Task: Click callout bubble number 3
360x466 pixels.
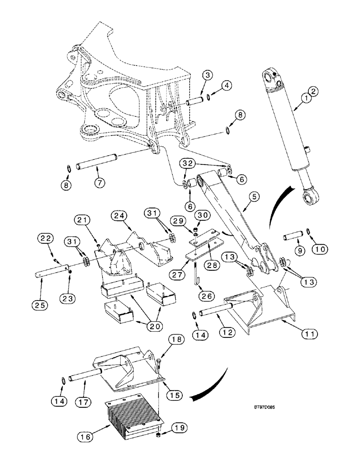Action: pyautogui.click(x=208, y=75)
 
